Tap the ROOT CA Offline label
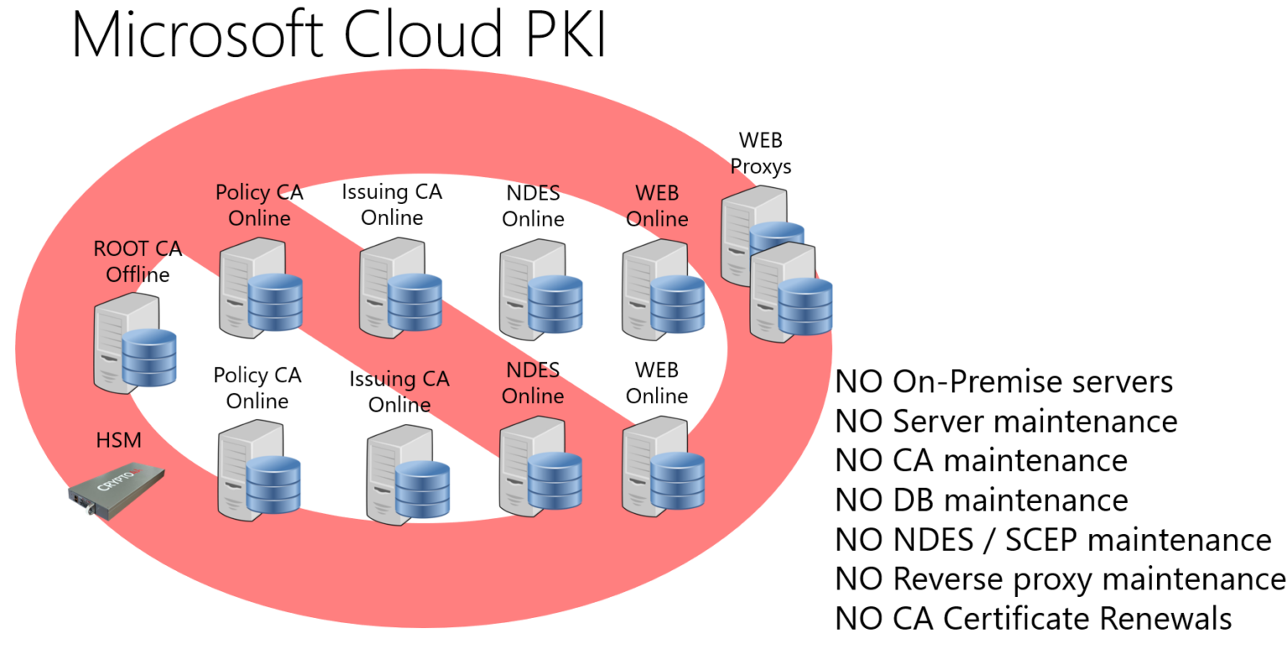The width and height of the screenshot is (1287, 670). pos(137,262)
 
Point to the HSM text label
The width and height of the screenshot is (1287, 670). pos(118,440)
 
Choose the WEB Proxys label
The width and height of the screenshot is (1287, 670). pos(760,153)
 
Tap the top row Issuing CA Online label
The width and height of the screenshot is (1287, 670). pos(391,205)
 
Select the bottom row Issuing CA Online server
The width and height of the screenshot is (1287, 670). pos(406,475)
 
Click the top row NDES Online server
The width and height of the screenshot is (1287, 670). pos(539,290)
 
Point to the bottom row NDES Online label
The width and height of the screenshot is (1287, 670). pos(533,382)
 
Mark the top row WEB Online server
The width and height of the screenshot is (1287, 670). pos(662,290)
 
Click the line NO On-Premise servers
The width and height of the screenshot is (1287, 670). pos(1004,382)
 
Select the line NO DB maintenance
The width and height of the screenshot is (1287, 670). pos(981,500)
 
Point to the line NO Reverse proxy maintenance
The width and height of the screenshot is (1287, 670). pos(1060,579)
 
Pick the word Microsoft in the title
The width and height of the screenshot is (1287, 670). pos(199,35)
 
